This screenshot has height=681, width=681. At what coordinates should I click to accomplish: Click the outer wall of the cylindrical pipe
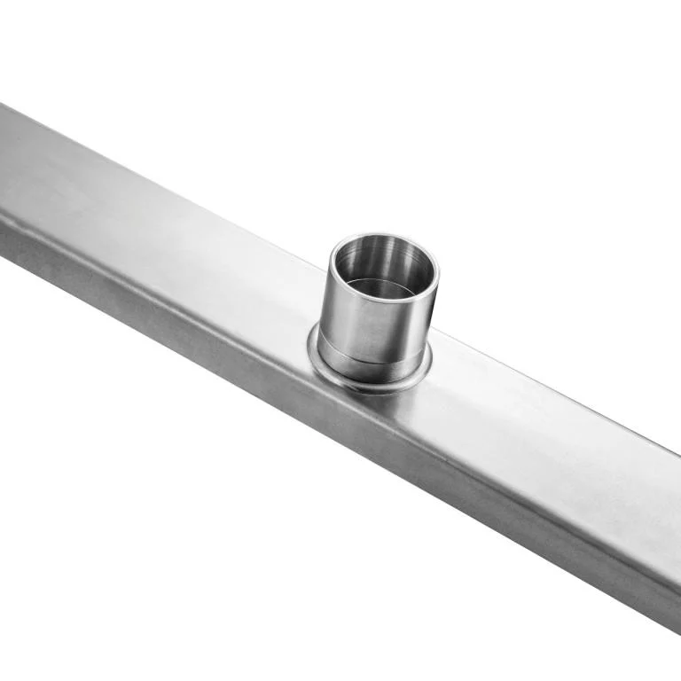tap(390, 324)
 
